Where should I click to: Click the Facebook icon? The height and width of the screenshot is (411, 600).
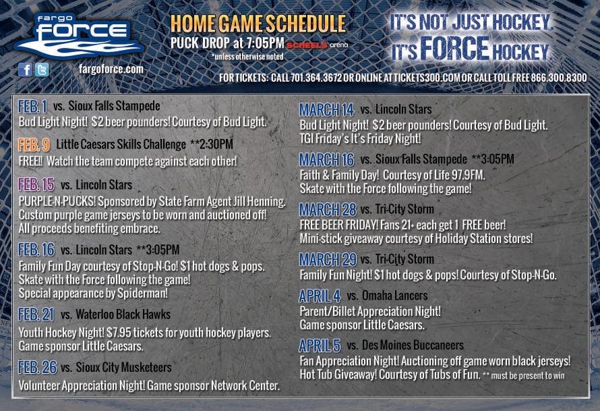(25, 70)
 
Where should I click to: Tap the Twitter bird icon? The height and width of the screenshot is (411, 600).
(42, 70)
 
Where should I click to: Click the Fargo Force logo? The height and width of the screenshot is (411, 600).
(79, 36)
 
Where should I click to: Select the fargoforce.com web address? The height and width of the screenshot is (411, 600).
(111, 70)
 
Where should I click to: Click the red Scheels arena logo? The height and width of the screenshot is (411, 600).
(318, 45)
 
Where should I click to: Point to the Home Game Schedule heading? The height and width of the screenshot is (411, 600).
(258, 24)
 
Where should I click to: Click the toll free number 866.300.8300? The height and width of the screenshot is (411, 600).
(559, 78)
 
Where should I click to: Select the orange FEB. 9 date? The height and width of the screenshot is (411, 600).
(34, 145)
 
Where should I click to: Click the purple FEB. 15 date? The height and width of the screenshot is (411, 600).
(36, 185)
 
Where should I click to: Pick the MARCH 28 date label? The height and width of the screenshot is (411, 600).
(328, 209)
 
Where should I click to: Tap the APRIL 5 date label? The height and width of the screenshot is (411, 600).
(320, 346)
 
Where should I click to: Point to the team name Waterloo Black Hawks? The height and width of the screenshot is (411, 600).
(123, 314)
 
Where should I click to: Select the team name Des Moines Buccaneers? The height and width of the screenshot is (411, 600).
(413, 345)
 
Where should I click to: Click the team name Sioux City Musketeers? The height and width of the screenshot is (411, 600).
(123, 367)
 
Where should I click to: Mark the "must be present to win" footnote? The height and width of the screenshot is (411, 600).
(524, 375)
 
